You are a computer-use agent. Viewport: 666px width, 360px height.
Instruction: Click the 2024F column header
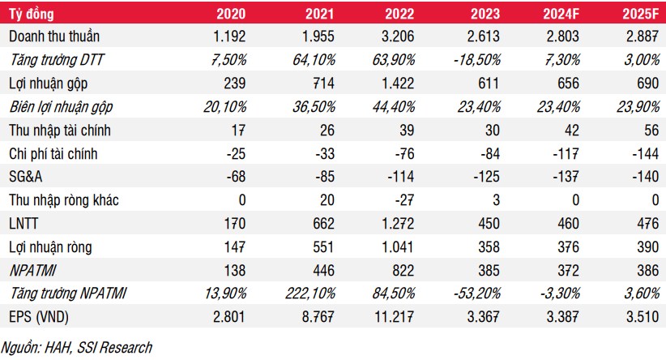pos(561,14)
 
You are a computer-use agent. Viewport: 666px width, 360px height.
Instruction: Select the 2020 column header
pos(231,14)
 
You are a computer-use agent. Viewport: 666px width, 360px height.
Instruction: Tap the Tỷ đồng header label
pos(32,14)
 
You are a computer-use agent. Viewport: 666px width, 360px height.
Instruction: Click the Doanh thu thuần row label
pos(54,36)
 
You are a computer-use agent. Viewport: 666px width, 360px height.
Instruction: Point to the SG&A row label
pos(25,177)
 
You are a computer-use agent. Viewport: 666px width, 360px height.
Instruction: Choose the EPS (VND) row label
pos(39,317)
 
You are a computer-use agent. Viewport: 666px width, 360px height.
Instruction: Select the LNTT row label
pos(23,223)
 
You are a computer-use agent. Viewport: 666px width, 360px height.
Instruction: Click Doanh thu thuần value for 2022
pos(398,36)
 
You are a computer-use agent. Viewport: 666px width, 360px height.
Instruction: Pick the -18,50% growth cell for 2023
pos(477,59)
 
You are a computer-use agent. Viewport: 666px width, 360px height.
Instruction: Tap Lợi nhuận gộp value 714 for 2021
pos(323,83)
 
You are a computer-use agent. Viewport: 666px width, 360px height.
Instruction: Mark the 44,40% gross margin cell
pos(394,106)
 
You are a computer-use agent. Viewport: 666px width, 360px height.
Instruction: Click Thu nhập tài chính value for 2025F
pos(651,130)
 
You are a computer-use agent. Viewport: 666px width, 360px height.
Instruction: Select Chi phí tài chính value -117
pos(566,153)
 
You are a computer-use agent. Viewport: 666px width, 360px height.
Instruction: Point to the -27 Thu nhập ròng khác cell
pos(404,199)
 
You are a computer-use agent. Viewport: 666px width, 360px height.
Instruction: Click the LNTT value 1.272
pos(398,223)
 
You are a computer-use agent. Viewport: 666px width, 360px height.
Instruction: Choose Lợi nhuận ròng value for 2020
pos(235,246)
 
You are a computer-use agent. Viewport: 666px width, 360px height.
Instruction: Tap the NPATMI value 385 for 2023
pos(489,270)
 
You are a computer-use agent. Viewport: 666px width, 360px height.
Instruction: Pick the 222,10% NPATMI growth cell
pos(310,294)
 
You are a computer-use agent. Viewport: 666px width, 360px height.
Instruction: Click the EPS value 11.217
pos(394,317)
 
